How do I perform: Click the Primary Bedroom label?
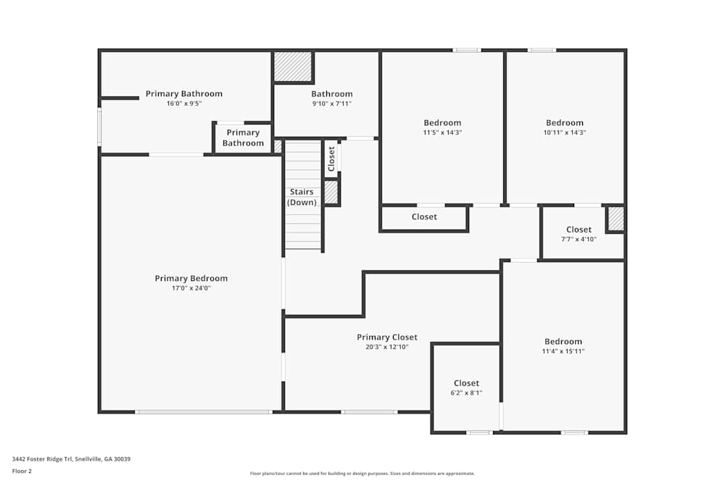[x=191, y=278]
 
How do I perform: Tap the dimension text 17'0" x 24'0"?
[x=191, y=288]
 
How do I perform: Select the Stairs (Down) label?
[x=302, y=197]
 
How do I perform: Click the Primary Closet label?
[x=387, y=337]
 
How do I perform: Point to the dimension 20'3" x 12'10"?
[x=387, y=347]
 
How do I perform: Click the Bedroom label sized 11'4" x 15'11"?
[x=563, y=341]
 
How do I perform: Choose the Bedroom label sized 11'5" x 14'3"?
[x=442, y=122]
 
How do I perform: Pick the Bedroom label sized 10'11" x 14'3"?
[x=564, y=122]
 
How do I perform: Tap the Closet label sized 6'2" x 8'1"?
[x=466, y=383]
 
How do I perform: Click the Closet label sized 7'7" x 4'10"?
[x=579, y=230]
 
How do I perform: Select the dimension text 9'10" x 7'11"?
[x=332, y=104]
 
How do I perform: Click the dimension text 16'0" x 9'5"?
[x=183, y=104]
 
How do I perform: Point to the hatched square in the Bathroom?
[x=293, y=67]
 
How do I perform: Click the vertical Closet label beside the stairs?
[x=331, y=159]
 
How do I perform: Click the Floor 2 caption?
[x=22, y=471]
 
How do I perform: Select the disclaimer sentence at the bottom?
[x=362, y=474]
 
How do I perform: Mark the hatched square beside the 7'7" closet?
[x=616, y=219]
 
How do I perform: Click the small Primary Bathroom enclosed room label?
[x=243, y=138]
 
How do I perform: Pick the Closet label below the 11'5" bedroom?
[x=424, y=217]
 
